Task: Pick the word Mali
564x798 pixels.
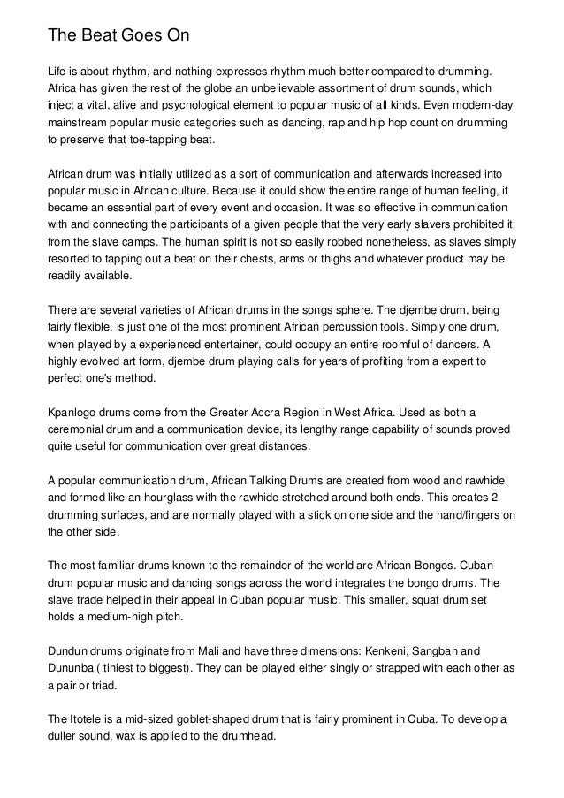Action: click(x=215, y=650)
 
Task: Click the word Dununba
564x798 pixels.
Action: click(x=74, y=668)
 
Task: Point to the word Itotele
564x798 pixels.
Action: click(x=91, y=719)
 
